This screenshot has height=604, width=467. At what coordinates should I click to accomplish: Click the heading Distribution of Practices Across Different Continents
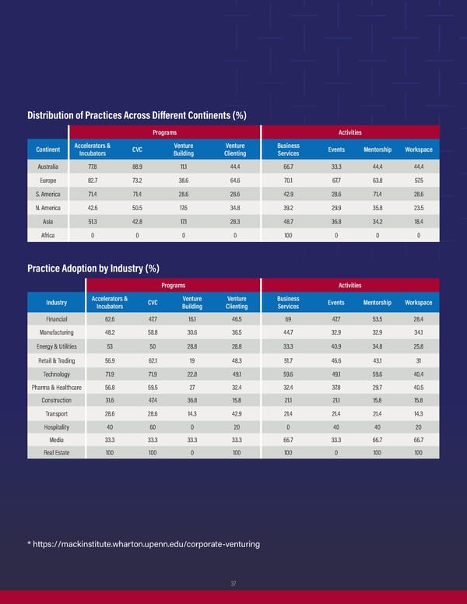coord(137,116)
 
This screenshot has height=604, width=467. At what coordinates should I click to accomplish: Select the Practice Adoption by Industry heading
coord(93,269)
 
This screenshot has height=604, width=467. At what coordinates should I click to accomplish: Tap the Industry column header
coord(57,302)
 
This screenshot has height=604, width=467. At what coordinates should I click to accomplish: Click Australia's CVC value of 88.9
coord(137,166)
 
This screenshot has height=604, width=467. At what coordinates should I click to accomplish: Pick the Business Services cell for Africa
coord(288,236)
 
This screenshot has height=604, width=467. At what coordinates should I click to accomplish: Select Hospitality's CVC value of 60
coord(153,426)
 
